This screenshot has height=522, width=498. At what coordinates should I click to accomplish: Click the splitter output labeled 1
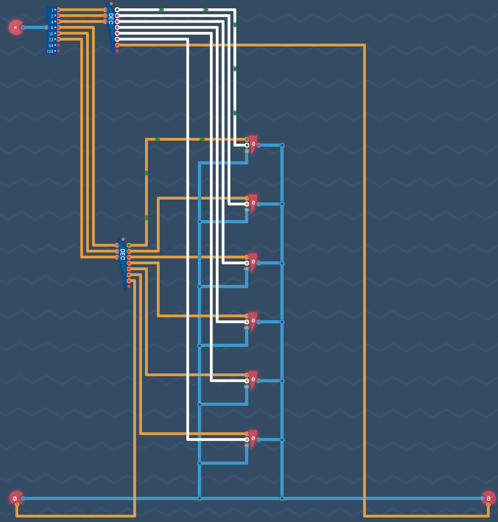58,10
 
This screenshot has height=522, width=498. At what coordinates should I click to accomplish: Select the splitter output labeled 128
58,51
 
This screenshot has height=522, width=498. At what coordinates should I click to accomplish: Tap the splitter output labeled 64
58,45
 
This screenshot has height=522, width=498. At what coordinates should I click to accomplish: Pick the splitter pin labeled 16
58,33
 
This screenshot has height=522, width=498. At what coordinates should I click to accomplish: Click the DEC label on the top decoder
111,19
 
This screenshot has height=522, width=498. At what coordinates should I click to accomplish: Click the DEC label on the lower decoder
123,254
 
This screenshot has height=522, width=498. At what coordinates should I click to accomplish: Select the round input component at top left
16,27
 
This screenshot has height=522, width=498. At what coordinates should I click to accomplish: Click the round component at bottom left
16,498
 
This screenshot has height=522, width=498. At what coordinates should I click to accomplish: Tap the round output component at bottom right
489,498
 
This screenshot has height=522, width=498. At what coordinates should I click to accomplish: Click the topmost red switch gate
253,145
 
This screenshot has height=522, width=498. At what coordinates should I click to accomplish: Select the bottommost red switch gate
253,439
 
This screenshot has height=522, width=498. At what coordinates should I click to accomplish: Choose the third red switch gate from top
253,262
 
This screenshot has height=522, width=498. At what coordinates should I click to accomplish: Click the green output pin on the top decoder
117,10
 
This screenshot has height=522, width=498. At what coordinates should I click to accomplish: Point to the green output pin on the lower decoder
129,245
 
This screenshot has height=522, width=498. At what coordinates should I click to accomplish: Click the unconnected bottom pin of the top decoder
117,51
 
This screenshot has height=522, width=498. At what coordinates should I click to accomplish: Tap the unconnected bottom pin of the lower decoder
129,286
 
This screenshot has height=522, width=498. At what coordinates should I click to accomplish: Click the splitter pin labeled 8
58,27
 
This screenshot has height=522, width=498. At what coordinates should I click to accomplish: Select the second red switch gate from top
253,203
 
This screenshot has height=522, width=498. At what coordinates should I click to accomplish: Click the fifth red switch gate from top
253,380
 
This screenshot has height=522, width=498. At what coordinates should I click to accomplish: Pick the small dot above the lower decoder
123,239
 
